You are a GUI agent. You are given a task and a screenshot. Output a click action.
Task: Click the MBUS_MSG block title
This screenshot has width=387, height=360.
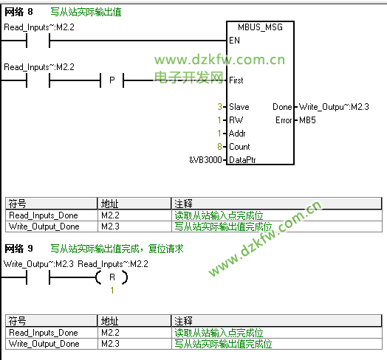pyautogui.click(x=260, y=27)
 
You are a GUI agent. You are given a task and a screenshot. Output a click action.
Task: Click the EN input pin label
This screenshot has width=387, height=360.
pyautogui.click(x=234, y=41)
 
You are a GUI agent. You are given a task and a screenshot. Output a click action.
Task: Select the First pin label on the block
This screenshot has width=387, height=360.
pyautogui.click(x=236, y=80)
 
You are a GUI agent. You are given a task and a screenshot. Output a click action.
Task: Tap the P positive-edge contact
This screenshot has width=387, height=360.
pyautogui.click(x=112, y=80)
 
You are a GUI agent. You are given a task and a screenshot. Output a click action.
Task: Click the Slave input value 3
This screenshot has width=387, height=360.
pyautogui.click(x=219, y=107)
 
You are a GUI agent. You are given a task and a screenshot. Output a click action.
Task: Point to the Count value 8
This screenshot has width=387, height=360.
pyautogui.click(x=219, y=147)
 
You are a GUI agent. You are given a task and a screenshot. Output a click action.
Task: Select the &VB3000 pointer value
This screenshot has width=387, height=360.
pyautogui.click(x=205, y=160)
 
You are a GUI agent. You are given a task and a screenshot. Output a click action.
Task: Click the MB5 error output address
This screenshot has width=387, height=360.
pyautogui.click(x=307, y=120)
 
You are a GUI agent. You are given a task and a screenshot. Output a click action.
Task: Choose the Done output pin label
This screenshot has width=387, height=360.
pyautogui.click(x=282, y=107)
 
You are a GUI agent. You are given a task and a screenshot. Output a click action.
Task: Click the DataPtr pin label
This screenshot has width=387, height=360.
pyautogui.click(x=242, y=160)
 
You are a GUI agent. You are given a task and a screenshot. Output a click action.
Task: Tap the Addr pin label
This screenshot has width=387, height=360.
pyautogui.click(x=237, y=134)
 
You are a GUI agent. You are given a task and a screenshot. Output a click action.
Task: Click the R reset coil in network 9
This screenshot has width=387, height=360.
pyautogui.click(x=112, y=277)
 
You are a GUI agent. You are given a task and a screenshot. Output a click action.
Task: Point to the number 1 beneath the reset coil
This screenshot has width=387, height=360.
pyautogui.click(x=112, y=291)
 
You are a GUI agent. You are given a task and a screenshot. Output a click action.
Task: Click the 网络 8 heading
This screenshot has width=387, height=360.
pyautogui.click(x=18, y=12)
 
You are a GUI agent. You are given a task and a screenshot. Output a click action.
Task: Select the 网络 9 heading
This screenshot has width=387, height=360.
pyautogui.click(x=18, y=249)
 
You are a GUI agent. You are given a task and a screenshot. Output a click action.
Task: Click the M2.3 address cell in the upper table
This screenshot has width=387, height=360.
pyautogui.click(x=110, y=226)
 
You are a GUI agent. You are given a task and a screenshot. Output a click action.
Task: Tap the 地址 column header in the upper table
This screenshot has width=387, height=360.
pyautogui.click(x=109, y=204)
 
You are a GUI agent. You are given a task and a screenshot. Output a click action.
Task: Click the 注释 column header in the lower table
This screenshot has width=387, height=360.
pyautogui.click(x=183, y=321)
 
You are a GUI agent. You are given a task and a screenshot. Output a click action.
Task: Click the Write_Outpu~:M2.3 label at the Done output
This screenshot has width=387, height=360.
pyautogui.click(x=334, y=107)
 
